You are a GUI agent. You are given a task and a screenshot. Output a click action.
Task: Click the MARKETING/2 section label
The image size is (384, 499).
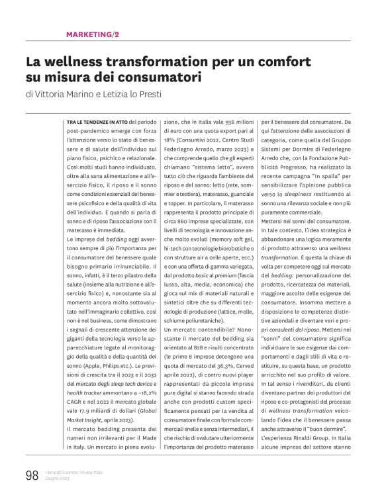[x=93, y=34]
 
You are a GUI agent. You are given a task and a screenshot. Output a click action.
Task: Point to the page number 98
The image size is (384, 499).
[x=31, y=475]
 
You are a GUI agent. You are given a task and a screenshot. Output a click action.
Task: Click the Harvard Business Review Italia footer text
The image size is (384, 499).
[x=73, y=471]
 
